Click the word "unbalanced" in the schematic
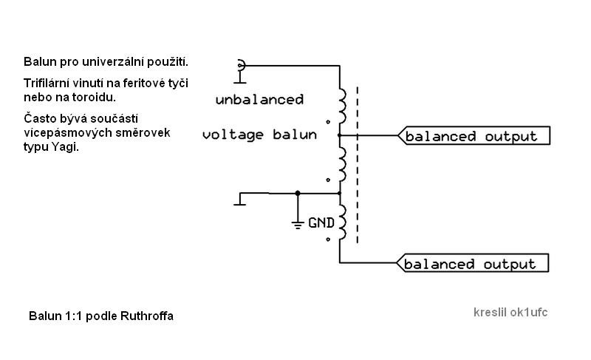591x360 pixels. tap(259, 99)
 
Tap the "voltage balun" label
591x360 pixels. tap(259, 135)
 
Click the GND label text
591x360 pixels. tap(321, 221)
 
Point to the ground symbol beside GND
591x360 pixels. tap(297, 222)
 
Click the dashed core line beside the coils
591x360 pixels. tap(358, 163)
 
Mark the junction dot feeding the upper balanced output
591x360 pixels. tap(339, 136)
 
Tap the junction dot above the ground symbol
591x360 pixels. tap(297, 193)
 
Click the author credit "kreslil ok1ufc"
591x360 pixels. tap(510, 312)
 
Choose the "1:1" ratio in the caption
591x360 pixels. tap(72, 316)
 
